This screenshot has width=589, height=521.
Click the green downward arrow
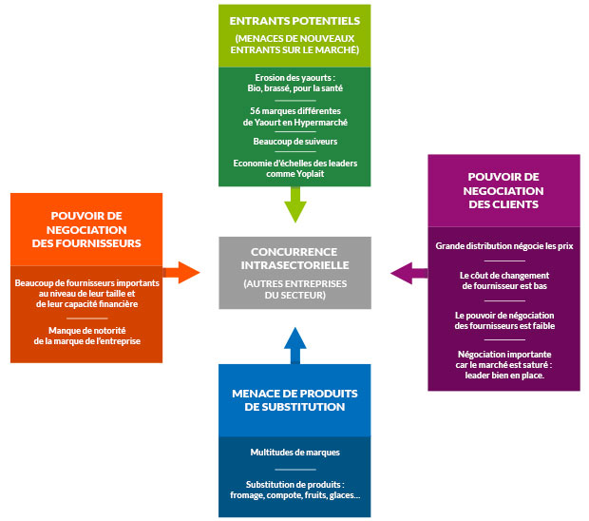coord(295,204)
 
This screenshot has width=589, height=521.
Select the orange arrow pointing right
coord(181,273)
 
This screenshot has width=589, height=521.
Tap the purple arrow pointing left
coord(408,273)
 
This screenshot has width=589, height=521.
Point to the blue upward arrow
coord(295,345)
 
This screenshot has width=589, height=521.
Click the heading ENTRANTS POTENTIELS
coord(294,21)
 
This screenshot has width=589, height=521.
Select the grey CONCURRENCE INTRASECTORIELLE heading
coord(294,259)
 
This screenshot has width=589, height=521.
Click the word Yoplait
coord(310,174)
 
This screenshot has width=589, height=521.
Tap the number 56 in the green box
coord(255,111)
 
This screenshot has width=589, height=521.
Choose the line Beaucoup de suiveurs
coord(295,142)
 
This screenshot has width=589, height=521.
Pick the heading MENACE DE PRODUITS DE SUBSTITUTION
coord(294,400)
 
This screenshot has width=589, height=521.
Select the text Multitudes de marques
coord(295,453)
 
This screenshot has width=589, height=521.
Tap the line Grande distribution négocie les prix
coord(504,246)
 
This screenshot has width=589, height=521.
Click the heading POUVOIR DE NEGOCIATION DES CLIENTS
coord(503,190)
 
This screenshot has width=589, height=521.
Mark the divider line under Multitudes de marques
coord(295,470)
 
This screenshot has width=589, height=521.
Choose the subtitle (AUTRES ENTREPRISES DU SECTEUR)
coord(294,289)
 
